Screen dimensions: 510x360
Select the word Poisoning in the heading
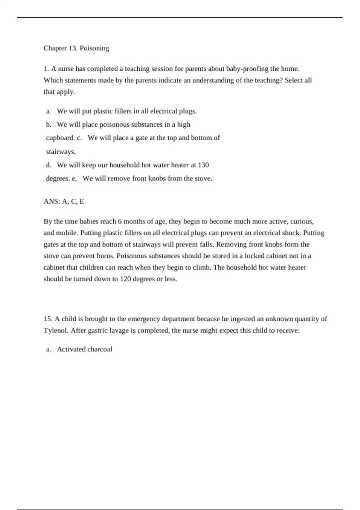tap(94, 48)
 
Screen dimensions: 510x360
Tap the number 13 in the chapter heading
tap(73, 48)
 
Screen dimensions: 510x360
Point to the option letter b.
tap(49, 124)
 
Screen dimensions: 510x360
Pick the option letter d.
tap(49, 165)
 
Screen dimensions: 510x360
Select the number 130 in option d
tap(203, 165)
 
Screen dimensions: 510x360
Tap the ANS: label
tap(52, 201)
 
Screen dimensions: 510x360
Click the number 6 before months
tap(120, 222)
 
